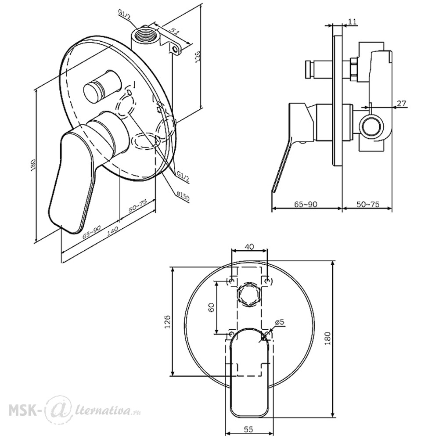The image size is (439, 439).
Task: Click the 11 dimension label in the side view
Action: (353, 22)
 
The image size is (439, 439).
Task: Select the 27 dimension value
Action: (402, 103)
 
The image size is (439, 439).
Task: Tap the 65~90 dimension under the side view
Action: (306, 205)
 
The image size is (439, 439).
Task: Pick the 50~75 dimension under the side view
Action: (368, 205)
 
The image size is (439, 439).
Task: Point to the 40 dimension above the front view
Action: (249, 247)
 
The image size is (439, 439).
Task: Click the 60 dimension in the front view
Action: (212, 307)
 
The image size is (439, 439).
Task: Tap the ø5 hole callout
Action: (279, 322)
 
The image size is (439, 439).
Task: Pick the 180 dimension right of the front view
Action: (328, 338)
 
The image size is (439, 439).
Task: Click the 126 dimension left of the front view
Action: (167, 321)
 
